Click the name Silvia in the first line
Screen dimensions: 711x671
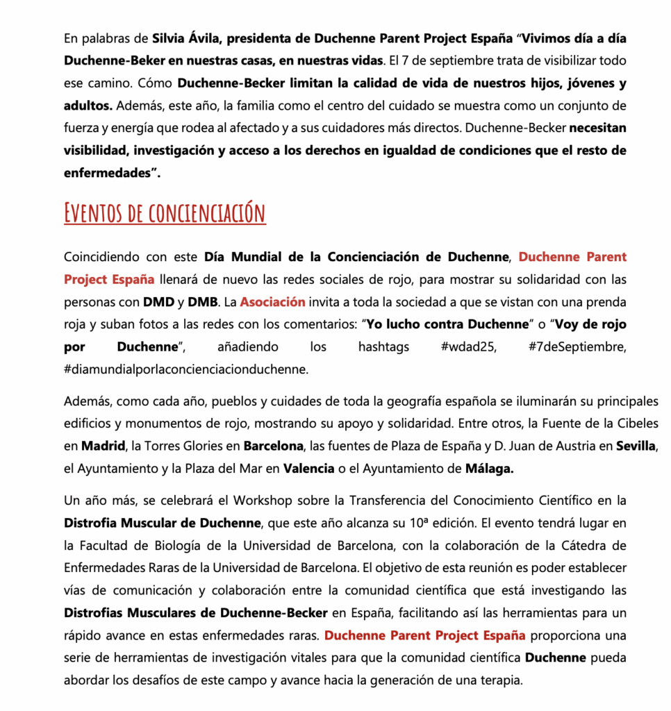(x=169, y=38)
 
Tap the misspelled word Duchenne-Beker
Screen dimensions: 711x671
(x=108, y=60)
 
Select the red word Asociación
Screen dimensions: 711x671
(x=273, y=302)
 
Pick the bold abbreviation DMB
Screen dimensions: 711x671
(x=203, y=302)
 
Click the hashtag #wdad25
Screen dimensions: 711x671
(x=468, y=346)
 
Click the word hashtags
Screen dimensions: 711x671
(x=383, y=346)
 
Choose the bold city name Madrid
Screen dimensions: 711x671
(x=99, y=446)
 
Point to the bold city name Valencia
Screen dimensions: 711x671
(x=308, y=469)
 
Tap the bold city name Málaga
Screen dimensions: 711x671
(x=490, y=469)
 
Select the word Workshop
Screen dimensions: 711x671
(x=263, y=500)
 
